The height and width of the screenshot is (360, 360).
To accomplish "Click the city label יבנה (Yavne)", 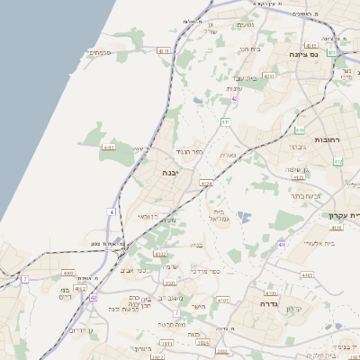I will pos(170,171).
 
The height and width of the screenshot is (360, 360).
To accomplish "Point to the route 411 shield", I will pos(225,121).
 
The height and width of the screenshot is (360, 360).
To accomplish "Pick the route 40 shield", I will pos(282,244).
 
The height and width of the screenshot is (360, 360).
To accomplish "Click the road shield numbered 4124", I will pos(207,184).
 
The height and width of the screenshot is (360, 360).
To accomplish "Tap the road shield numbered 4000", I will pos(68,272).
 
